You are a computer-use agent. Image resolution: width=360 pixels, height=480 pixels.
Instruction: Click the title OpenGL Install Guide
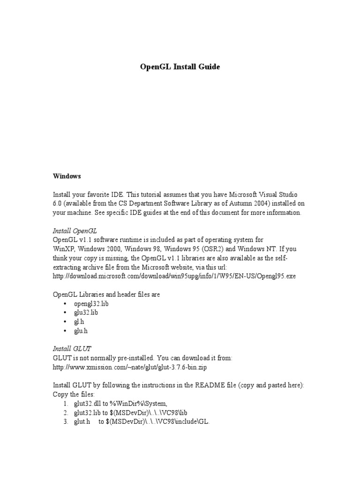point(180,67)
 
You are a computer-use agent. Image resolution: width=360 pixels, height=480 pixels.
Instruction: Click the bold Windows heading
point(67,176)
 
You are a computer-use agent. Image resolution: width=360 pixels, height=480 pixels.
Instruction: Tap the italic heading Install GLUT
point(72,349)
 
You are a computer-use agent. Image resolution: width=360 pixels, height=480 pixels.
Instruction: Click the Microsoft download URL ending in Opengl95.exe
point(174,276)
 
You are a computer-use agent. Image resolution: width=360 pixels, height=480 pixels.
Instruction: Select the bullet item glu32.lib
point(86,313)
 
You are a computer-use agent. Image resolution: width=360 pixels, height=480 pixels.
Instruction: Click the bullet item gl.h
point(79,322)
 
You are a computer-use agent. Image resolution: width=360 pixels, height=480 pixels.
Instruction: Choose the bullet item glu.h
point(81,331)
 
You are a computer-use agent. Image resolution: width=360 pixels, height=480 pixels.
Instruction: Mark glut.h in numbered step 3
point(82,421)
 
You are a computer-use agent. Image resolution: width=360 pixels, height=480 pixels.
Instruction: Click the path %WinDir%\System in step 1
point(140,403)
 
